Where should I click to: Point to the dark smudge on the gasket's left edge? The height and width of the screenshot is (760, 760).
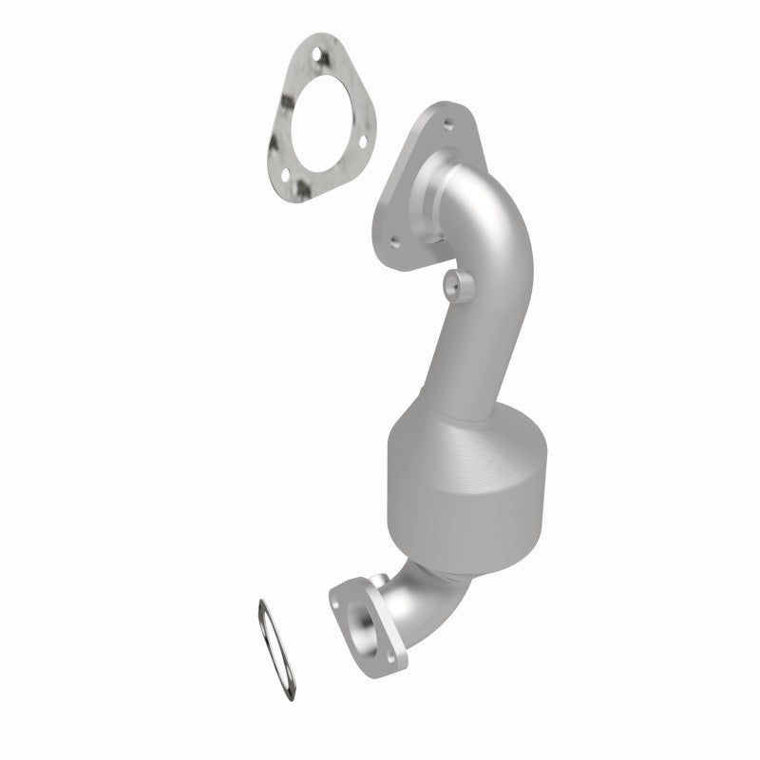[x=276, y=142]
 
